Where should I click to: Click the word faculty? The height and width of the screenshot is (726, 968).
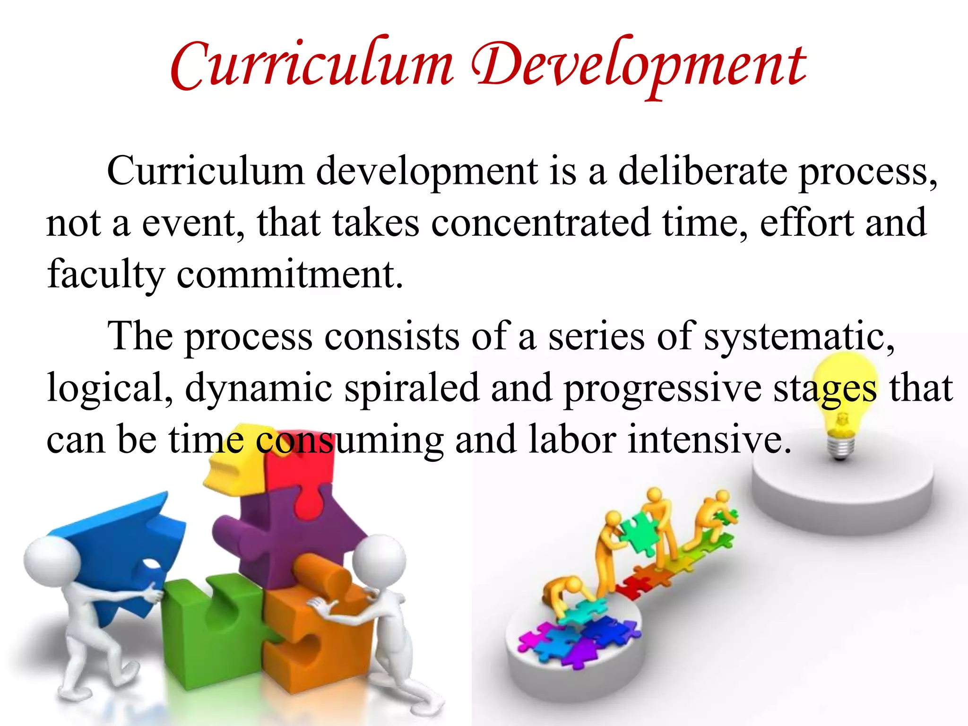click(105, 275)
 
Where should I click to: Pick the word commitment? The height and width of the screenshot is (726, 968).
click(289, 275)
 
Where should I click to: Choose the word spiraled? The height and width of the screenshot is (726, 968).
click(412, 388)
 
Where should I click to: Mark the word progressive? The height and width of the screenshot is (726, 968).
click(662, 388)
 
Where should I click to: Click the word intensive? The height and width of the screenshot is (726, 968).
click(709, 440)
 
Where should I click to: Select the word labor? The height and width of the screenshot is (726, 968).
click(572, 440)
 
